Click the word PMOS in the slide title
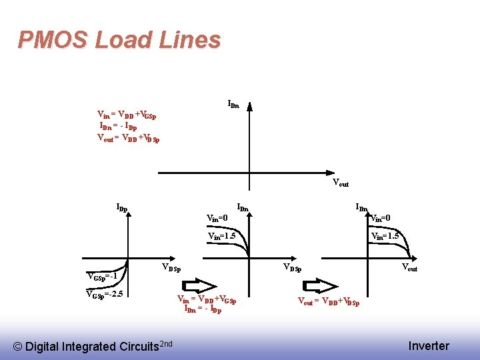click(53, 40)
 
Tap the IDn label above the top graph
click(233, 104)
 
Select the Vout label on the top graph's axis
click(340, 183)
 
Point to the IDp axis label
click(121, 208)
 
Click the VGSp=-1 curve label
click(103, 277)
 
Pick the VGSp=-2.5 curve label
click(105, 293)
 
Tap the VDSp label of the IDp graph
click(172, 268)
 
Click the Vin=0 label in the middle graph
click(218, 218)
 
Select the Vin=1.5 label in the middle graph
click(222, 236)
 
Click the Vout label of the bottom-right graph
click(409, 267)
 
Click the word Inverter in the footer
click(429, 345)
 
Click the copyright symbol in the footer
click(19, 346)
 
